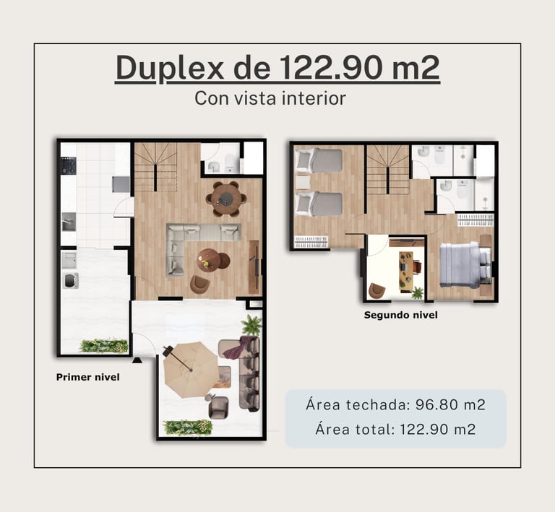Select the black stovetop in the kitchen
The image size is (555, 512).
pyautogui.click(x=69, y=166)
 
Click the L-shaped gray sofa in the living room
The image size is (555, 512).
pyautogui.click(x=198, y=244)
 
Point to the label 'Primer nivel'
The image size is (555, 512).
pyautogui.click(x=87, y=377)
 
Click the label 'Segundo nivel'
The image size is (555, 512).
pyautogui.click(x=400, y=315)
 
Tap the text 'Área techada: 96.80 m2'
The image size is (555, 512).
pyautogui.click(x=396, y=404)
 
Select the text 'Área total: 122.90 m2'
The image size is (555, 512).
pyautogui.click(x=396, y=429)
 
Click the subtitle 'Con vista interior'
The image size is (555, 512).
pyautogui.click(x=270, y=98)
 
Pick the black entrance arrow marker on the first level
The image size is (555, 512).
pyautogui.click(x=137, y=360)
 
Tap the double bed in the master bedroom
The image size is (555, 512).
pyautogui.click(x=465, y=264)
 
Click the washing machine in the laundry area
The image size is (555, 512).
pyautogui.click(x=70, y=281)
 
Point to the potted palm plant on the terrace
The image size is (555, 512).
pyautogui.click(x=251, y=324)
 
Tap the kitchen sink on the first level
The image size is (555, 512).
pyautogui.click(x=69, y=222)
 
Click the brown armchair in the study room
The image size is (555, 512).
pyautogui.click(x=377, y=291)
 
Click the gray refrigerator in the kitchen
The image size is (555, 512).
pyautogui.click(x=121, y=184)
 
